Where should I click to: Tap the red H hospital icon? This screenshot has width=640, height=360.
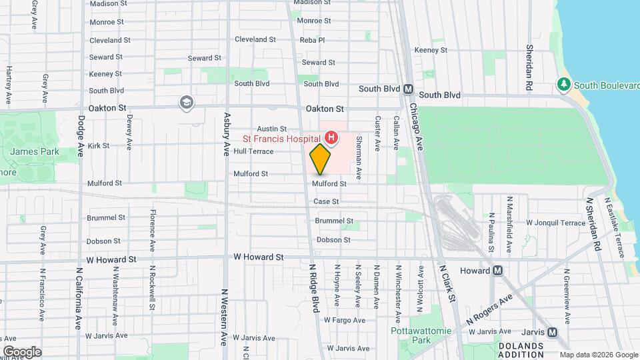331,139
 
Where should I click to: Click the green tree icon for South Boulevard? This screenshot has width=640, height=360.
564,85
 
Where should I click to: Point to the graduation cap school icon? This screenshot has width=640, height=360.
187,102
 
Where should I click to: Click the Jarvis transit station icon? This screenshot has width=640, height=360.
552,332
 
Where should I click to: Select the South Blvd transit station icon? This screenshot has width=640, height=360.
409,89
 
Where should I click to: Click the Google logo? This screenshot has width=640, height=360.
22,351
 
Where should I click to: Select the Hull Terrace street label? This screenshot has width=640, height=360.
253,152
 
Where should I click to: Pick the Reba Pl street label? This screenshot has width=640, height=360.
312,40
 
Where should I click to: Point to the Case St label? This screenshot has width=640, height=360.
326,201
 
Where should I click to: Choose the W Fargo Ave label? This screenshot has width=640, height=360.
345,320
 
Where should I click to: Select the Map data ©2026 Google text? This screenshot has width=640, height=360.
598,354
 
